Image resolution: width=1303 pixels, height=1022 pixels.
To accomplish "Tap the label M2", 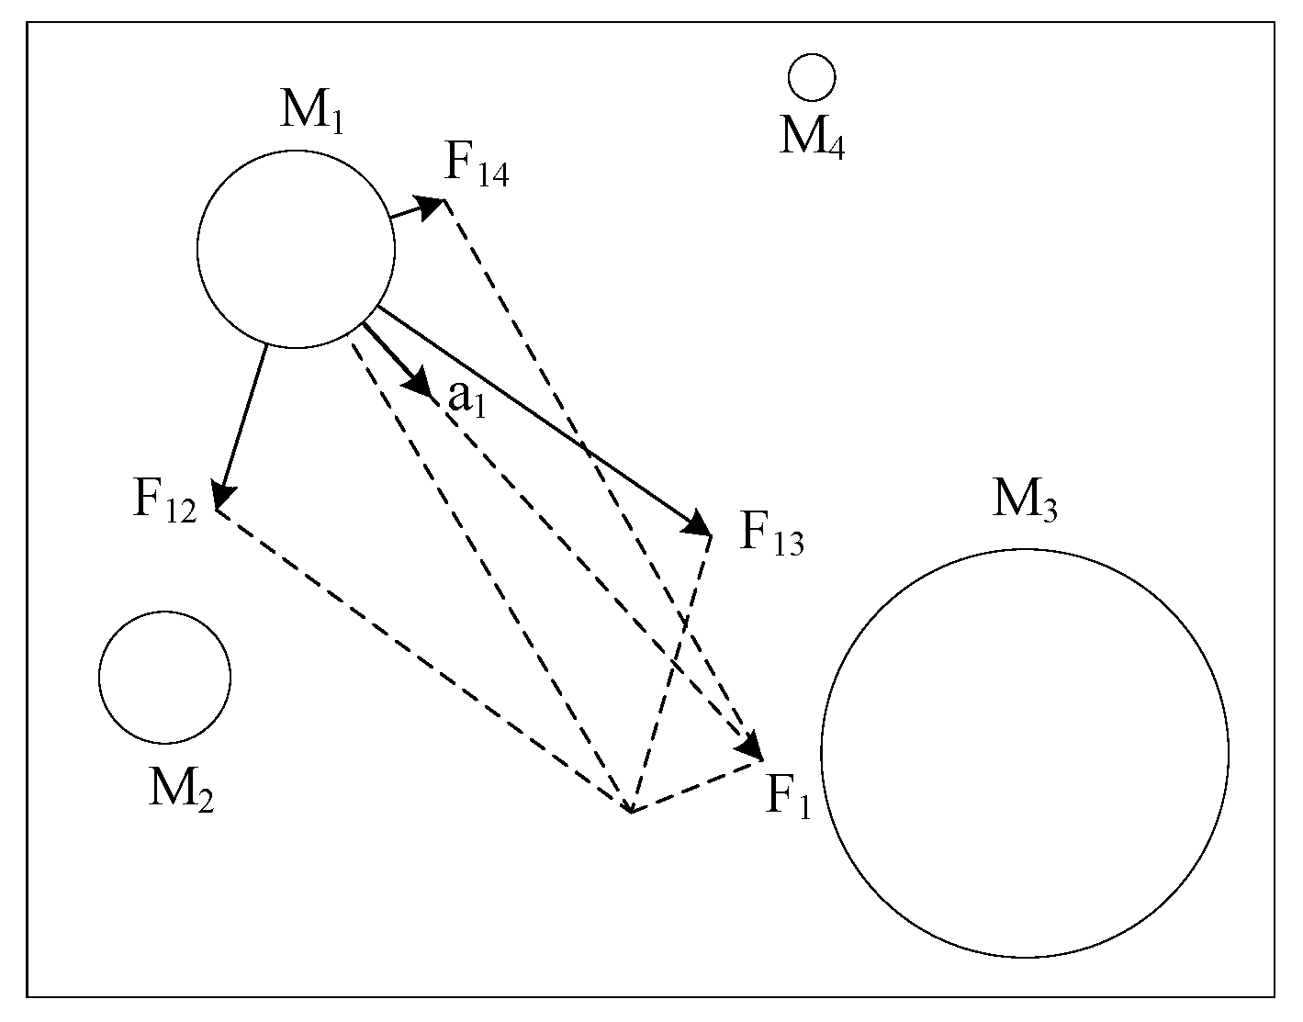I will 181,789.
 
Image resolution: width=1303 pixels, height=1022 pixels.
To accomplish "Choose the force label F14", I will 477,165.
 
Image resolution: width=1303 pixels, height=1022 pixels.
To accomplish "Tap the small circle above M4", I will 812,77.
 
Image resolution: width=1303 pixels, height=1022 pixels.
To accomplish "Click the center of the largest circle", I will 1025,754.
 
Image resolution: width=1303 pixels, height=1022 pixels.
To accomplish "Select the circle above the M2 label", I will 164,677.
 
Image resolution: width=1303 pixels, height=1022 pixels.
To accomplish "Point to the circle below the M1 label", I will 296,249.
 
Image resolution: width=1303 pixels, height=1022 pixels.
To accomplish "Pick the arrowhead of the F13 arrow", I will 699,526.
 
